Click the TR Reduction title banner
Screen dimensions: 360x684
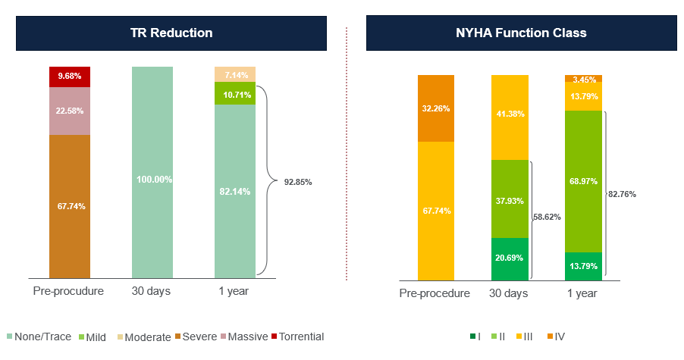[171, 33]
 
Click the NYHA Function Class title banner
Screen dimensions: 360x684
[521, 33]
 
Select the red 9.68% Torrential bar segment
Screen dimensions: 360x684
[70, 77]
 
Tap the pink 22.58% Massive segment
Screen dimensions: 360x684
[70, 111]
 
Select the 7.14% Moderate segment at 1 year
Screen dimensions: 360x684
[235, 74]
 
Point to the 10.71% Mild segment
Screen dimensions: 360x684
[235, 93]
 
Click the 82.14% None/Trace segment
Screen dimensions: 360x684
[235, 191]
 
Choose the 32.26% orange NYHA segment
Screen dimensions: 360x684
[436, 108]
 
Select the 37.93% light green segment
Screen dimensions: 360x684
[511, 199]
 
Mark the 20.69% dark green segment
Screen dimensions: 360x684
[511, 258]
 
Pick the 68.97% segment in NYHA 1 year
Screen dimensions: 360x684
[583, 181]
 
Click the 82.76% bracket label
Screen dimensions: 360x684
[622, 194]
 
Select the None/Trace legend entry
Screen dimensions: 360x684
[38, 337]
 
